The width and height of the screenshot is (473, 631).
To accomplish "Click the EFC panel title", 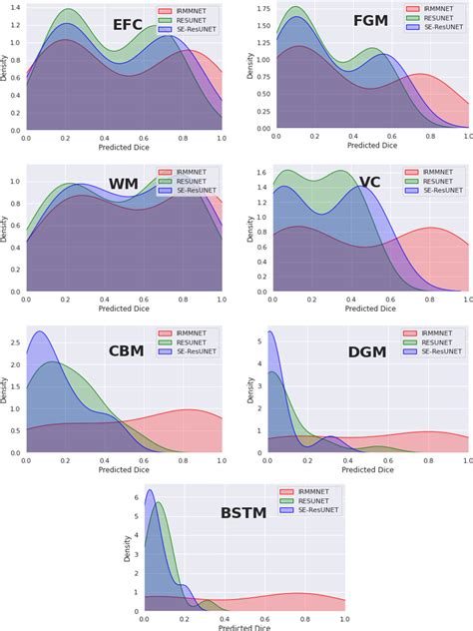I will (x=127, y=25).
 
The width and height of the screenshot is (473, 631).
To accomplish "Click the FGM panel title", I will (x=371, y=21).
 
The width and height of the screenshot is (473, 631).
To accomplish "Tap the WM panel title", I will (x=123, y=184).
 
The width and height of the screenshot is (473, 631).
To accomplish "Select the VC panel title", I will (x=369, y=183).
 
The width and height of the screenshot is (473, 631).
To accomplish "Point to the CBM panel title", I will (x=127, y=350).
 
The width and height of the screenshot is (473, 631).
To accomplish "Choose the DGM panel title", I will (x=367, y=351).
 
